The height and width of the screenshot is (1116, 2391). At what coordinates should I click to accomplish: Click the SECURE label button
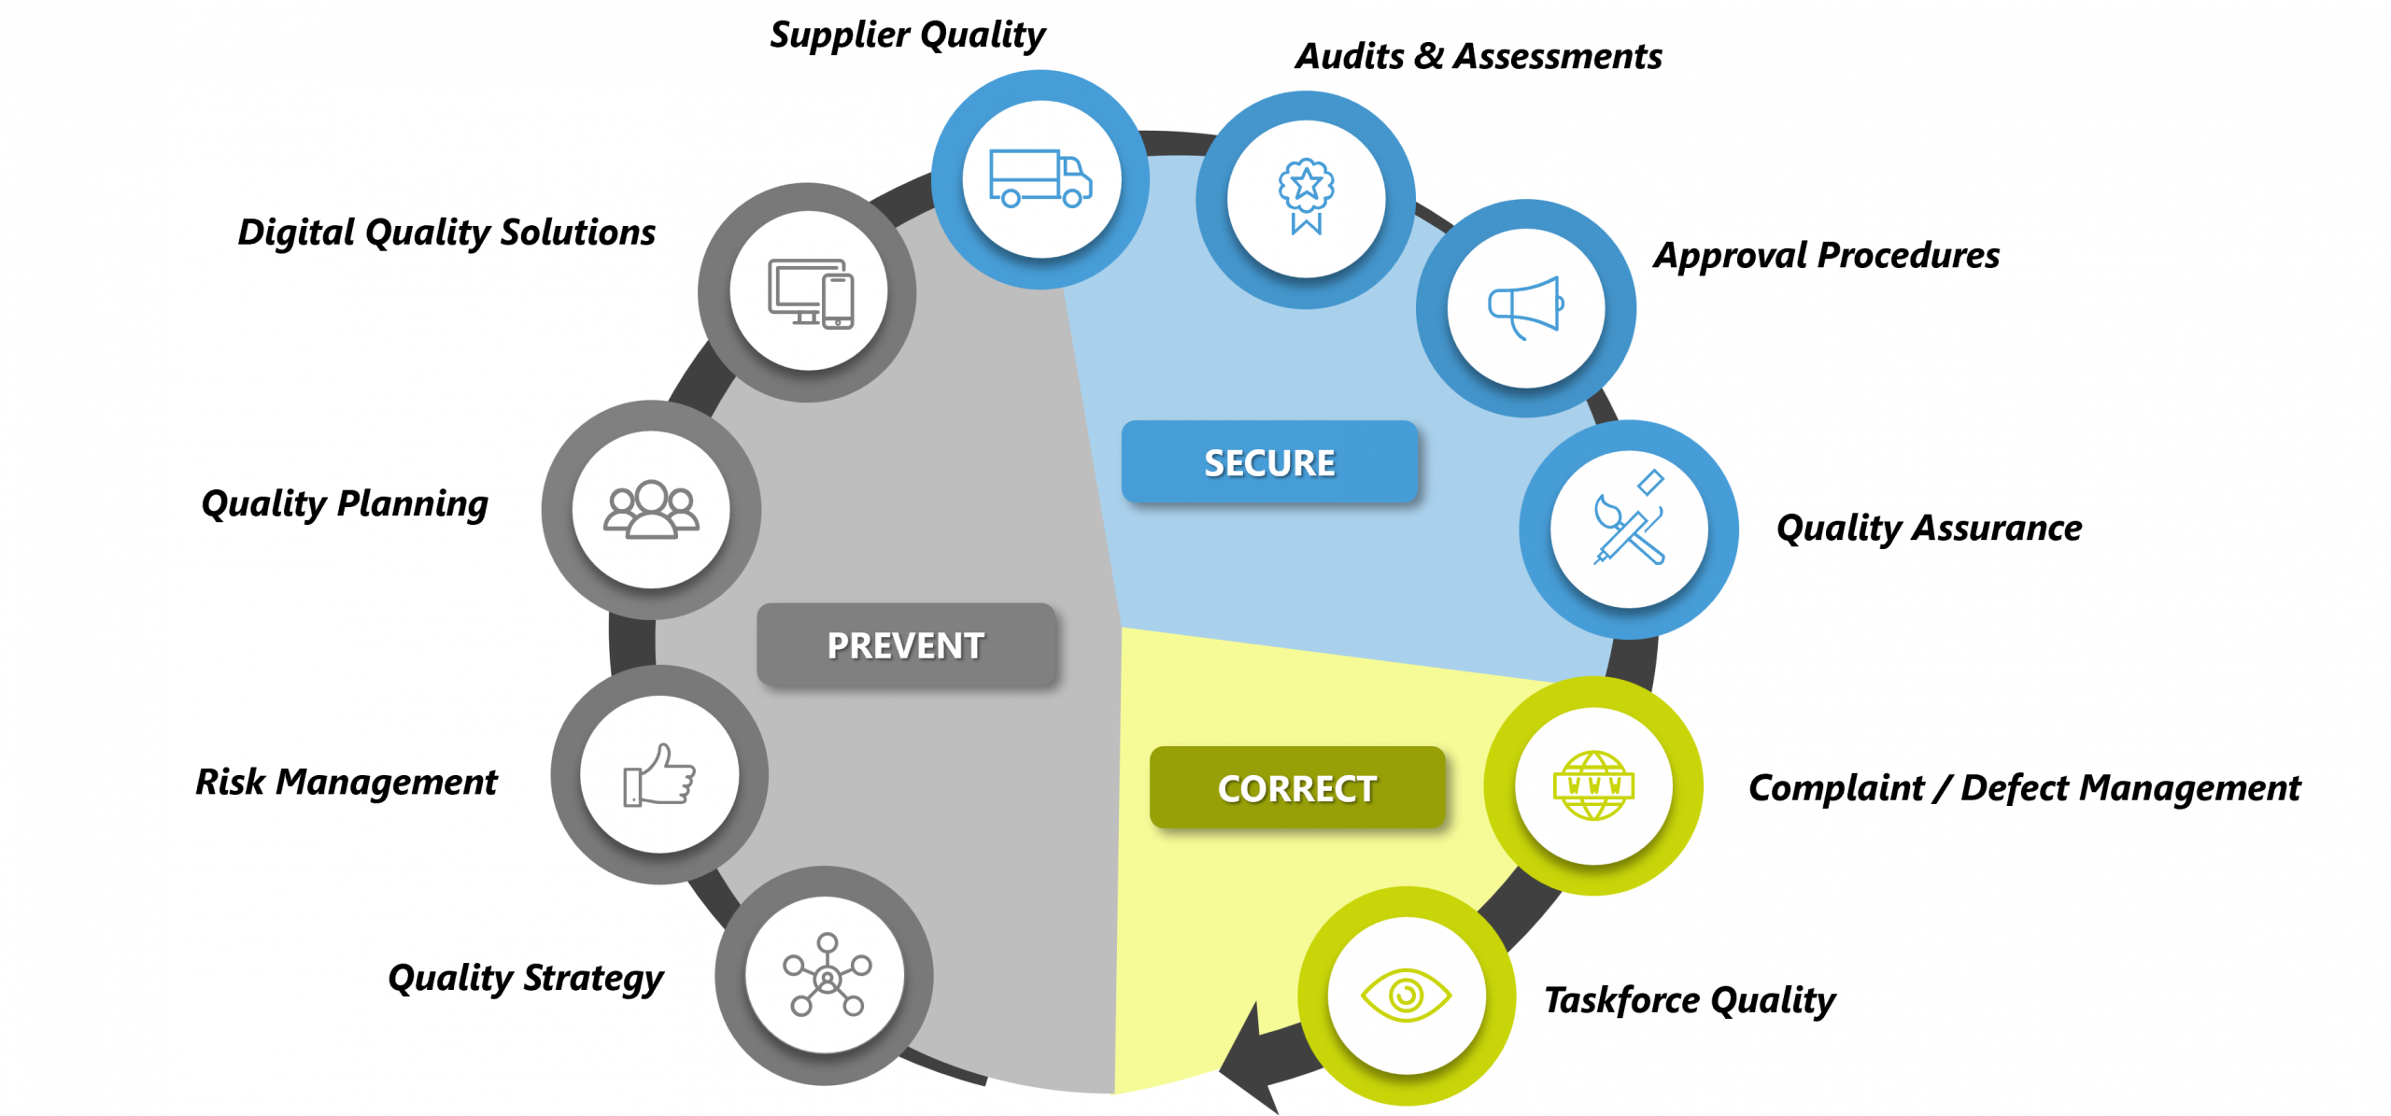1269,462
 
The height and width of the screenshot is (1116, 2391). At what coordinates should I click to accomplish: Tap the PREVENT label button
906,645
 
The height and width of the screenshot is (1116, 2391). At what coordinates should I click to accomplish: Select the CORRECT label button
1297,788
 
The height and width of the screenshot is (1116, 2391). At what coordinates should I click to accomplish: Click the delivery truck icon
1040,178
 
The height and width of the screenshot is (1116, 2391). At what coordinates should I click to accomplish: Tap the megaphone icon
1525,307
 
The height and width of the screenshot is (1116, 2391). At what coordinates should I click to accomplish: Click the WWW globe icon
1593,785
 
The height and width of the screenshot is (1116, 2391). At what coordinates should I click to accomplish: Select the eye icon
1406,996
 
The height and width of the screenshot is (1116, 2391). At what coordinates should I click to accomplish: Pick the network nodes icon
827,975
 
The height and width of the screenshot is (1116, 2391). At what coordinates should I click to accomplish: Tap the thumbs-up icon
659,774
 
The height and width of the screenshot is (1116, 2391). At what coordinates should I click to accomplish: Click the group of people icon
651,510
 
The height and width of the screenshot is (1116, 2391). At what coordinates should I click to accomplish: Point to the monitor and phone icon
810,292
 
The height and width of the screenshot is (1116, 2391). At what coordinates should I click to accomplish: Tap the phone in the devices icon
838,301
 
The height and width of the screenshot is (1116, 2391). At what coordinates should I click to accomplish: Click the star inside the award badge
1306,184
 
